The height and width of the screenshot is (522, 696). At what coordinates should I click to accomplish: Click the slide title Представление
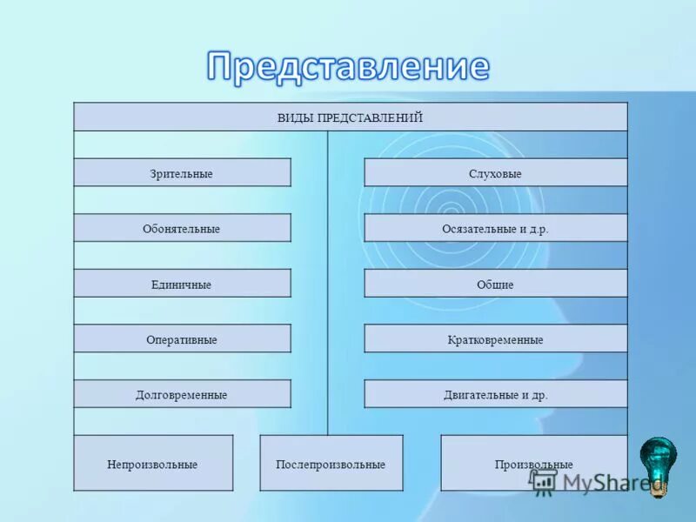tap(348, 66)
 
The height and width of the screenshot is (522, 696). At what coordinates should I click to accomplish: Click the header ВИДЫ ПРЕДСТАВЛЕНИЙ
tap(350, 117)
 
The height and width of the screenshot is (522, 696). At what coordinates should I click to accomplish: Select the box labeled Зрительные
tap(182, 173)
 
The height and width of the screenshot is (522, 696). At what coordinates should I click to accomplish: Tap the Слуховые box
tap(495, 173)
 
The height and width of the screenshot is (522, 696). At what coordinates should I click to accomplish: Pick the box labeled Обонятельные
tap(182, 229)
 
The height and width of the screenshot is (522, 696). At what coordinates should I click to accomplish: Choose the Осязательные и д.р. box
tap(495, 229)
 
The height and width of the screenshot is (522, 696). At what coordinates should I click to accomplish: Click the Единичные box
tap(182, 284)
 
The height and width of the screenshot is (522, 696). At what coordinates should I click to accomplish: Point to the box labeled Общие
tap(495, 284)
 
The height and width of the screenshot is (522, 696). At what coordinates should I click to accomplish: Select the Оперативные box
tap(182, 339)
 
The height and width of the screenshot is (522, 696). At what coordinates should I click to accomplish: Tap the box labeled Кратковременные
tap(495, 339)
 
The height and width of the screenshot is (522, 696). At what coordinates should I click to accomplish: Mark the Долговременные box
tap(182, 395)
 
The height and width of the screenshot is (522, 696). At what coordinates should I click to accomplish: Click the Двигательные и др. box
tap(495, 395)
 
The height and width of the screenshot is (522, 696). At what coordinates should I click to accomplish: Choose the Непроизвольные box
tap(153, 464)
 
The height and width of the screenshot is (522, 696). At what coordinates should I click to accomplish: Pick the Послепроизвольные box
tap(331, 464)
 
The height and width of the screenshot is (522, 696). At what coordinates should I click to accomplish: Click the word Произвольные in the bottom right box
tap(534, 465)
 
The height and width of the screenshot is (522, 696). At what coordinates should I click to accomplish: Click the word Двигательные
tap(476, 395)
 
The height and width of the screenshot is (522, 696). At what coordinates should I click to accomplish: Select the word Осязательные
tap(475, 229)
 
